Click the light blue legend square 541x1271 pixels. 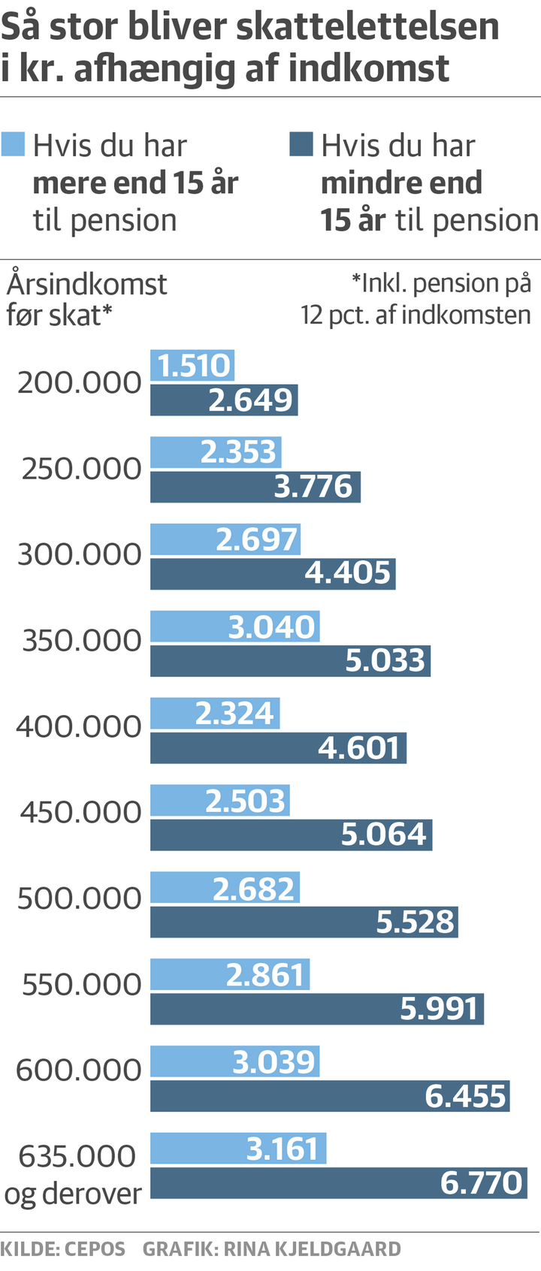[14, 144]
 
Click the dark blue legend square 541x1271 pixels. [301, 144]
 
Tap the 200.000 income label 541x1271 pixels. [80, 383]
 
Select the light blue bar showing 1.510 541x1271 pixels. [192, 366]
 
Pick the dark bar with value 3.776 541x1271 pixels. [255, 487]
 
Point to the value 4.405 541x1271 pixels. [348, 573]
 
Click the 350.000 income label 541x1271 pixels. [82, 641]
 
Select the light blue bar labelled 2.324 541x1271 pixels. [215, 713]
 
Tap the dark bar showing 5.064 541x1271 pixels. [291, 835]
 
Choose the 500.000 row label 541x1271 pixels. [80, 898]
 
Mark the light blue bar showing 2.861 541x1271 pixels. [230, 974]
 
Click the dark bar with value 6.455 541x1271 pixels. [330, 1096]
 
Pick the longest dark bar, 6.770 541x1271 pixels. [339, 1183]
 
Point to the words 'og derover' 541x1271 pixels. [73, 1194]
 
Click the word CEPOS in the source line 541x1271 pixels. [95, 1249]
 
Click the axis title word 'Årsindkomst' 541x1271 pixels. [87, 285]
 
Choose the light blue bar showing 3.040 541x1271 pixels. [235, 626]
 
